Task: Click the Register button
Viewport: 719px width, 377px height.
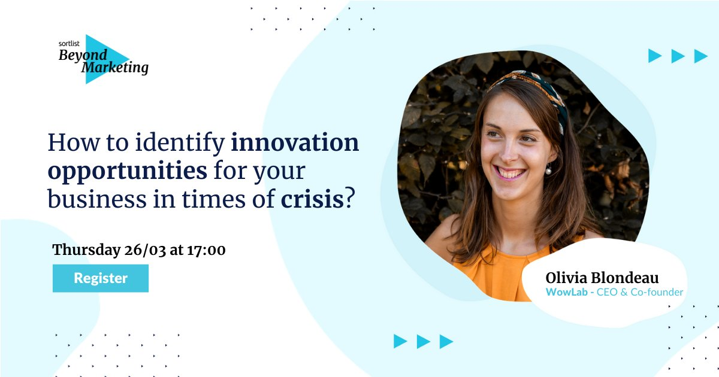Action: pyautogui.click(x=101, y=278)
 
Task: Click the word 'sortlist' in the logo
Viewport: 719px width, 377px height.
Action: pyautogui.click(x=69, y=44)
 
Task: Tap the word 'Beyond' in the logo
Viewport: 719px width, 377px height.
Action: pyautogui.click(x=83, y=55)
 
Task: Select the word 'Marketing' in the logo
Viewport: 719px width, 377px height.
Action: pyautogui.click(x=115, y=68)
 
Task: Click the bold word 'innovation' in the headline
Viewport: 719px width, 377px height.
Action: pyautogui.click(x=295, y=142)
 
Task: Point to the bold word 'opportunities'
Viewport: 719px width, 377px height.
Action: pyautogui.click(x=128, y=171)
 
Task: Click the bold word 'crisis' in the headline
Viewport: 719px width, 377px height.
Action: pyautogui.click(x=312, y=199)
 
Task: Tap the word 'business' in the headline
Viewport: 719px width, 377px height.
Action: pyautogui.click(x=97, y=199)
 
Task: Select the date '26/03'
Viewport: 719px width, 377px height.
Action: pyautogui.click(x=145, y=250)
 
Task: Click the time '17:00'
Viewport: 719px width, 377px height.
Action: pyautogui.click(x=206, y=250)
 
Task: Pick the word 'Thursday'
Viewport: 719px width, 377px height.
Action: pyautogui.click(x=86, y=250)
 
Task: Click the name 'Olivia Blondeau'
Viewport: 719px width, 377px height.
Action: pyautogui.click(x=602, y=278)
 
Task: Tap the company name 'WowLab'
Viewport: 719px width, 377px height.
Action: pyautogui.click(x=567, y=292)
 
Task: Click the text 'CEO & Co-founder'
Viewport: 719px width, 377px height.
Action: pyautogui.click(x=640, y=292)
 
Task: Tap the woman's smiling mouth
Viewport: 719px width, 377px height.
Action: pyautogui.click(x=510, y=173)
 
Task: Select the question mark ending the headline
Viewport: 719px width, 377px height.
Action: pyautogui.click(x=350, y=198)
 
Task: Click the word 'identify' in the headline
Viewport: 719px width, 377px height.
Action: pyautogui.click(x=180, y=143)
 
